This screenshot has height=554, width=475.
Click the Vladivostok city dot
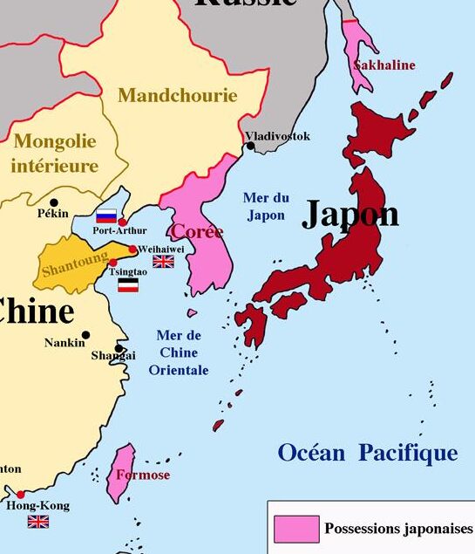point(251,146)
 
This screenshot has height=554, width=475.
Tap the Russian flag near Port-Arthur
point(106,215)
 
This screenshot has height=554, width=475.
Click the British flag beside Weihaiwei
point(163,261)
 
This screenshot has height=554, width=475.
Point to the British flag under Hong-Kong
point(37,522)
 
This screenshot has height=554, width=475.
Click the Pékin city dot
point(54,202)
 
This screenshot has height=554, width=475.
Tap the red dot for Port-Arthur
point(123,222)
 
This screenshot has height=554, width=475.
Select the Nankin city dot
point(85,334)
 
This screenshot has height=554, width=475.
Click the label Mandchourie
point(177,96)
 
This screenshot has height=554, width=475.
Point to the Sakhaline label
point(383,65)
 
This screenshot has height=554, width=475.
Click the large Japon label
point(350,214)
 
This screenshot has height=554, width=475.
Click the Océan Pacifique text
point(367,453)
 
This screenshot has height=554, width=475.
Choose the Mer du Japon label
point(266,206)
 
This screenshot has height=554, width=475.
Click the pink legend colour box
point(295,529)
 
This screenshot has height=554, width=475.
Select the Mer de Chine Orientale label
point(179,352)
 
